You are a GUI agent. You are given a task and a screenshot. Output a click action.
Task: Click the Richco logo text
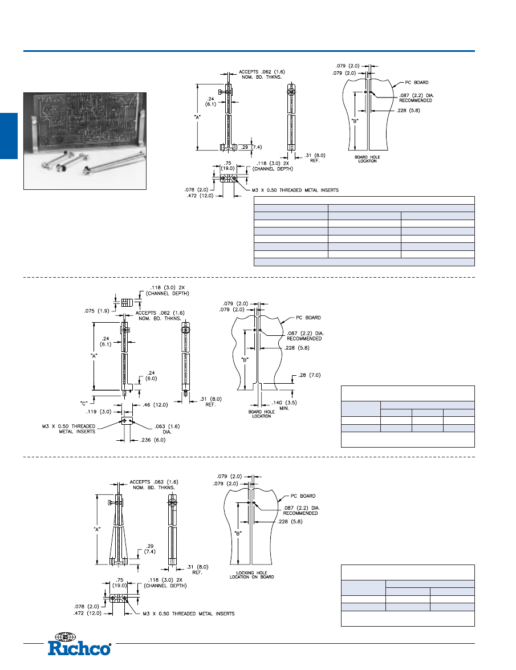[79, 648]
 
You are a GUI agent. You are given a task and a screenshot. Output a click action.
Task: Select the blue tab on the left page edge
[9, 136]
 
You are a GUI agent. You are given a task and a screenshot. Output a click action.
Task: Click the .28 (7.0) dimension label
[310, 375]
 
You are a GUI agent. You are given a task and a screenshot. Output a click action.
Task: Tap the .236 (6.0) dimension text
[153, 440]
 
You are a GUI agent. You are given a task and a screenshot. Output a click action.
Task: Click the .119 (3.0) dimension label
[99, 412]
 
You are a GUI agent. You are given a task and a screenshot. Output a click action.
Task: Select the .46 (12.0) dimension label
[156, 405]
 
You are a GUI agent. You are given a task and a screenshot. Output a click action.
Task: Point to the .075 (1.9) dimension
[96, 311]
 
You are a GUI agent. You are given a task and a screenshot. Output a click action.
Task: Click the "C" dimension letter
[84, 403]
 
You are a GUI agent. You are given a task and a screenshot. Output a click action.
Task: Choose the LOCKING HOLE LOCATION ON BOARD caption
[251, 575]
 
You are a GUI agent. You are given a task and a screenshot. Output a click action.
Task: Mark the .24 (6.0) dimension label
[151, 376]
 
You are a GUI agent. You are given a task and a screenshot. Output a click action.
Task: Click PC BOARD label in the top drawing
[416, 83]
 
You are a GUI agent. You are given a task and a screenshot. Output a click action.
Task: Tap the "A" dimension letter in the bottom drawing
[97, 529]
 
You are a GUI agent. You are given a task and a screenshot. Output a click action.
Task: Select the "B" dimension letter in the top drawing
[355, 121]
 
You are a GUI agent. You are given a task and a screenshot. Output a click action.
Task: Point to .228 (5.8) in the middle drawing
[297, 348]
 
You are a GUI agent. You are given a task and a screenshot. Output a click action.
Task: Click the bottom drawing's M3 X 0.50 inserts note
[188, 614]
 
